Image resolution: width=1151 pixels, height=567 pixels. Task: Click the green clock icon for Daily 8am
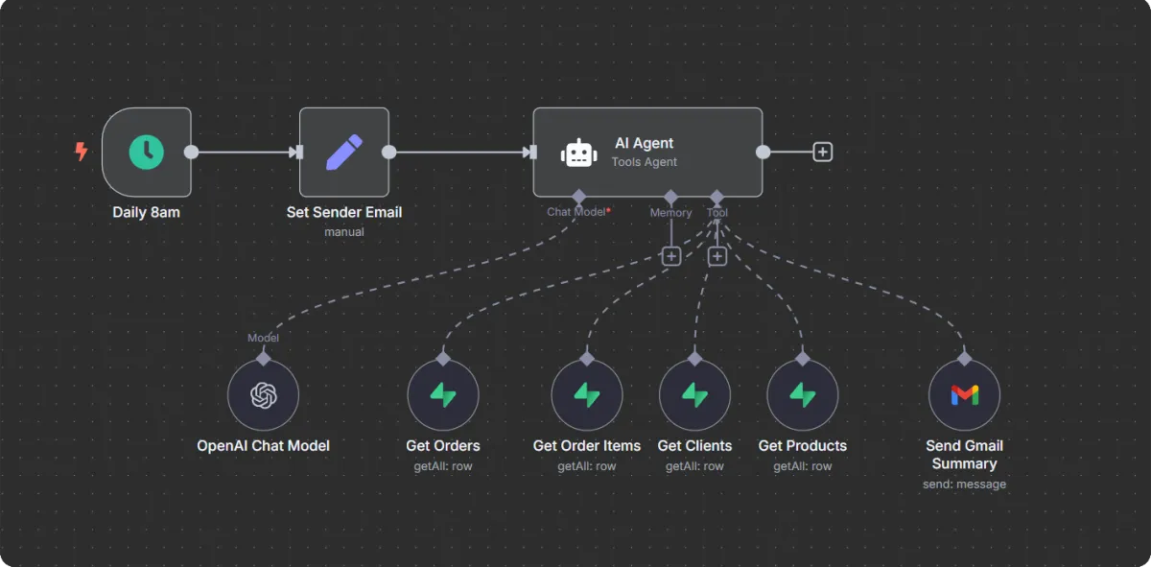[147, 152]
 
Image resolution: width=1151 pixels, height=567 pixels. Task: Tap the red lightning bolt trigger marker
[82, 151]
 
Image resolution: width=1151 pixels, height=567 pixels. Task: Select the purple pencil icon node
[344, 152]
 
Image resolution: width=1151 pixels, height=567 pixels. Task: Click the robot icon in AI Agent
[579, 153]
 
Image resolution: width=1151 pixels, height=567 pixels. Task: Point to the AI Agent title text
[644, 143]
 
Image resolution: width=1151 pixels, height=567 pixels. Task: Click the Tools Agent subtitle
[645, 162]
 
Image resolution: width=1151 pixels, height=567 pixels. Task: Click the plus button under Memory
[671, 256]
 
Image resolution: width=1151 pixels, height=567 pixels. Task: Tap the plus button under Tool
[716, 256]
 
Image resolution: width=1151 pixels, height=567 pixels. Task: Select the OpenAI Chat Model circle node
[264, 395]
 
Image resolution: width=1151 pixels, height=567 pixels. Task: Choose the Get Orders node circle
[443, 395]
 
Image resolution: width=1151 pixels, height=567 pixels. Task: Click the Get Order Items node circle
[587, 395]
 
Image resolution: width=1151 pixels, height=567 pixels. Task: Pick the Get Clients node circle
[694, 395]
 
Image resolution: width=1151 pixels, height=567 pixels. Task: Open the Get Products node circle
[803, 395]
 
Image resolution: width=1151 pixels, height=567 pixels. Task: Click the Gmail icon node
[964, 395]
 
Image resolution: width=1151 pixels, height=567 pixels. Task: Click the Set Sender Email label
[344, 212]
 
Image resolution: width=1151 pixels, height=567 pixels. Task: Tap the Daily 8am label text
[146, 212]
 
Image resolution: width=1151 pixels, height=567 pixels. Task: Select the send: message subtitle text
[964, 484]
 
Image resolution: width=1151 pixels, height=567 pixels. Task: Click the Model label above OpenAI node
[264, 338]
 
